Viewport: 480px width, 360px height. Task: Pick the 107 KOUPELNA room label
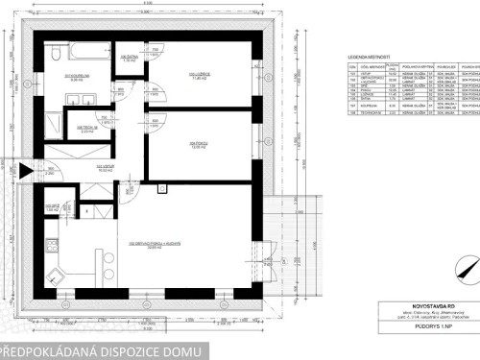(x=77, y=76)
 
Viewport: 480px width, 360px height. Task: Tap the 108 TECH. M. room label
(x=84, y=128)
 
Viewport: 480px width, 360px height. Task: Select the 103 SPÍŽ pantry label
(x=54, y=206)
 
